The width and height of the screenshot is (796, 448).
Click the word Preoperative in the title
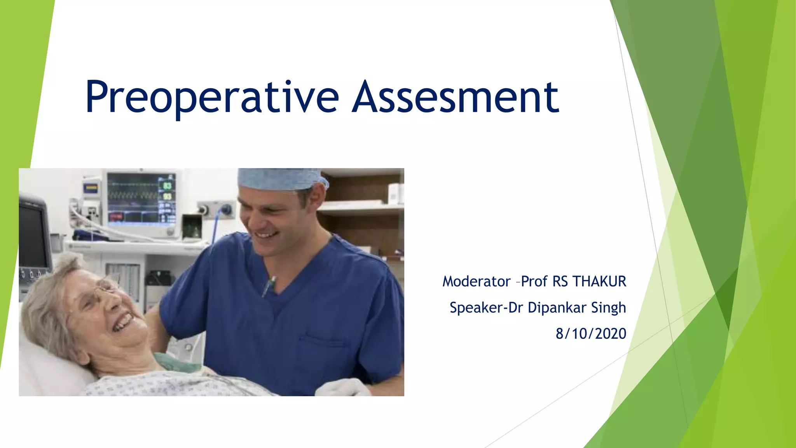point(212,97)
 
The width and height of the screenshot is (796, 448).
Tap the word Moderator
point(476,282)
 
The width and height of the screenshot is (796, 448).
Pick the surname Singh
point(609,308)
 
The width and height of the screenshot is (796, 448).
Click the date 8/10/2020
point(591,334)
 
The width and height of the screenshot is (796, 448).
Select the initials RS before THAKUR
point(560,282)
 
